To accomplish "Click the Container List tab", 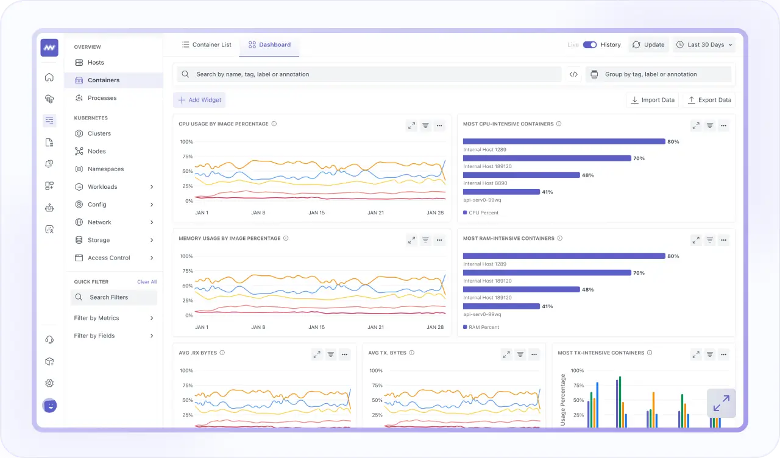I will [x=207, y=45].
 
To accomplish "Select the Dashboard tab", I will [x=269, y=45].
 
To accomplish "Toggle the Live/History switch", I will [x=589, y=45].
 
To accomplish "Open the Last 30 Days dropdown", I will [x=704, y=45].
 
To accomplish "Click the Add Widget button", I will [x=199, y=100].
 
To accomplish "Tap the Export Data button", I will [x=709, y=100].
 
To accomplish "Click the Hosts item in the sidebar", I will [x=96, y=63].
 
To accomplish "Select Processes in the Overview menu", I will [x=102, y=98].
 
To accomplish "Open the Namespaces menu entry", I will [x=105, y=169].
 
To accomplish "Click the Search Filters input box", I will [x=114, y=297].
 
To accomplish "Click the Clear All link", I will [x=147, y=282].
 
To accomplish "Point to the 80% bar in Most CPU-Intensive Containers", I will [x=564, y=141].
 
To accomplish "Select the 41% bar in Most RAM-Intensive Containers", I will [x=501, y=306].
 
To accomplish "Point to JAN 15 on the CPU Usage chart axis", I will [x=316, y=213].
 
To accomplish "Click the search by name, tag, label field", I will [x=369, y=74].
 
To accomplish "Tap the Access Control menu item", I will [x=108, y=258].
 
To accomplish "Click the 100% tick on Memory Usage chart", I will [x=186, y=256].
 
